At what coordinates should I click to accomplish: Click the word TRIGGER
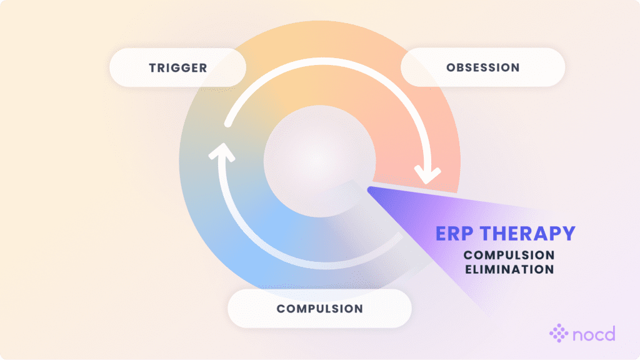pos(178,67)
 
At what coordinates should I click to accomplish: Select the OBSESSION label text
pos(482,67)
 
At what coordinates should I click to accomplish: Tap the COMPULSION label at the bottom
pos(319,309)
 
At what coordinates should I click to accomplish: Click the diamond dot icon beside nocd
pos(559,334)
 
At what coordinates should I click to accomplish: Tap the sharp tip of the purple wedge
pos(369,188)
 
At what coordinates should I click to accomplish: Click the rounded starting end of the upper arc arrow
pos(228,125)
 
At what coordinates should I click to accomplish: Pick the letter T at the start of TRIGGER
pos(152,67)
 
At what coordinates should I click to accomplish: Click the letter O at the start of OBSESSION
pos(450,67)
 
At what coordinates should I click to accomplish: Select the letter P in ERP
pos(470,234)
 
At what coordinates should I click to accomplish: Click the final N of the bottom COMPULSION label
pos(359,309)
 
